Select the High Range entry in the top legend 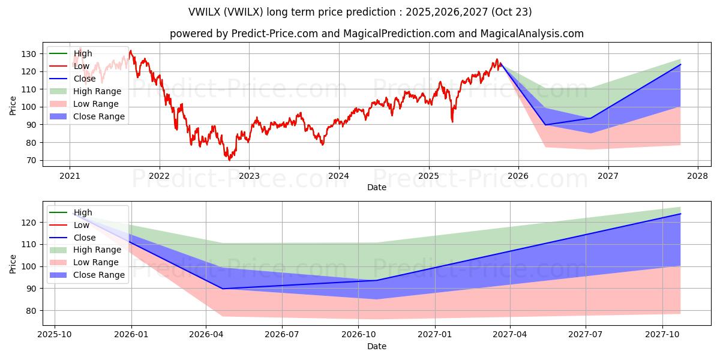coord(97,91)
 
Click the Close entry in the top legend coord(84,79)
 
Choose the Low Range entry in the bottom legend coord(96,262)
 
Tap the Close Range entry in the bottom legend coord(99,275)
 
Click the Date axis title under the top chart coord(376,188)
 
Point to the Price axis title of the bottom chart coord(13,263)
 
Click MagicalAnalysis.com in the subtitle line coord(532,34)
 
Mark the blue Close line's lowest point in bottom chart coord(223,289)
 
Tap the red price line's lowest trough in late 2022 coord(229,160)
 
